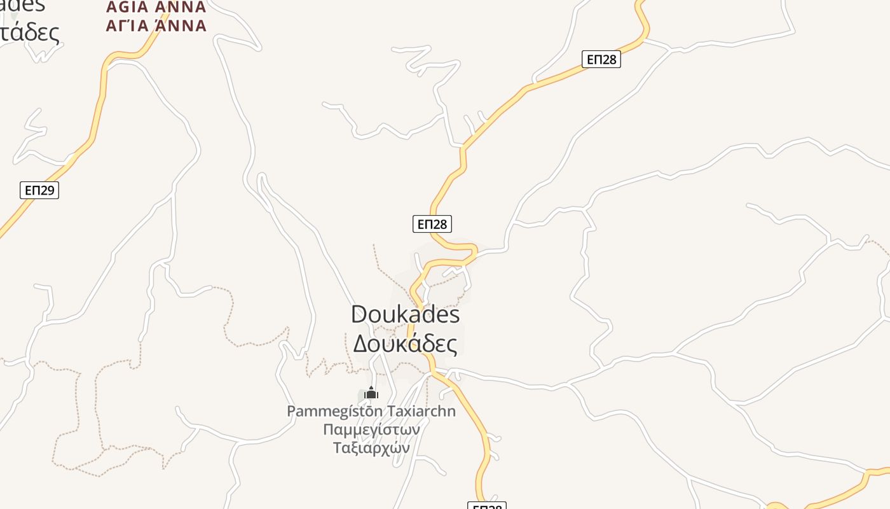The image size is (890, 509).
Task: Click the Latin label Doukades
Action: point(405,314)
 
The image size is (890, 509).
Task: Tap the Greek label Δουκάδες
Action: point(405,344)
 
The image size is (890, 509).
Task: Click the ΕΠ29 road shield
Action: point(39,190)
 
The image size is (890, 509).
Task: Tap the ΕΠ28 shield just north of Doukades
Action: point(432,223)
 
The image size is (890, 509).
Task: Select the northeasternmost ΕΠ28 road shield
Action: point(601,59)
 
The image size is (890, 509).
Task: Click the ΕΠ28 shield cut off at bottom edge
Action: point(486,506)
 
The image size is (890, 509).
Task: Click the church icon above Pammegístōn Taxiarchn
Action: point(371,393)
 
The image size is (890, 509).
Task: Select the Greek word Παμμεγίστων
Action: point(371,429)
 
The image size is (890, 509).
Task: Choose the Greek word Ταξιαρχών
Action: point(371,448)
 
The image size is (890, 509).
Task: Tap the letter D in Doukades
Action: point(360,314)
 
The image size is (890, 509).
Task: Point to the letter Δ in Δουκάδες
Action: point(361,344)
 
